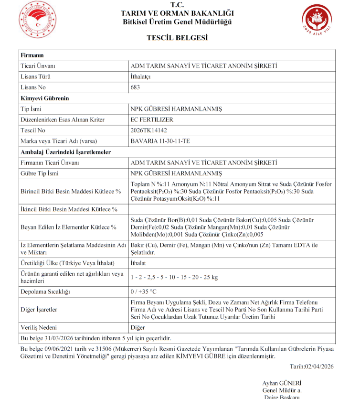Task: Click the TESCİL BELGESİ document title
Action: pos(177,38)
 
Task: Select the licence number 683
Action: pos(135,87)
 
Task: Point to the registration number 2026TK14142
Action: pos(149,130)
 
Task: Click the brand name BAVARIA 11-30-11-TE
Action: pos(159,141)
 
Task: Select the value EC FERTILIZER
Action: pos(152,119)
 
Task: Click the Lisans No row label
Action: pos(33,87)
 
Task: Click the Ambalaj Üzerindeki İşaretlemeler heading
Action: pos(66,151)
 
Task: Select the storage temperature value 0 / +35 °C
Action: pos(143,291)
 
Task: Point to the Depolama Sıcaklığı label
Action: pos(45,291)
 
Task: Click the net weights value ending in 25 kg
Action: pos(174,277)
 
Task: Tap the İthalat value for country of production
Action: pos(138,263)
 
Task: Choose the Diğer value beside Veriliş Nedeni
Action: pos(138,328)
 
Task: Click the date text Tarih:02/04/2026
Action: pos(311,367)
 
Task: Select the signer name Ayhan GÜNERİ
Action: pos(282,383)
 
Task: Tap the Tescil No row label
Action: pos(33,130)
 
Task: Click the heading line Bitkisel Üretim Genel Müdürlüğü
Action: pos(177,22)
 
